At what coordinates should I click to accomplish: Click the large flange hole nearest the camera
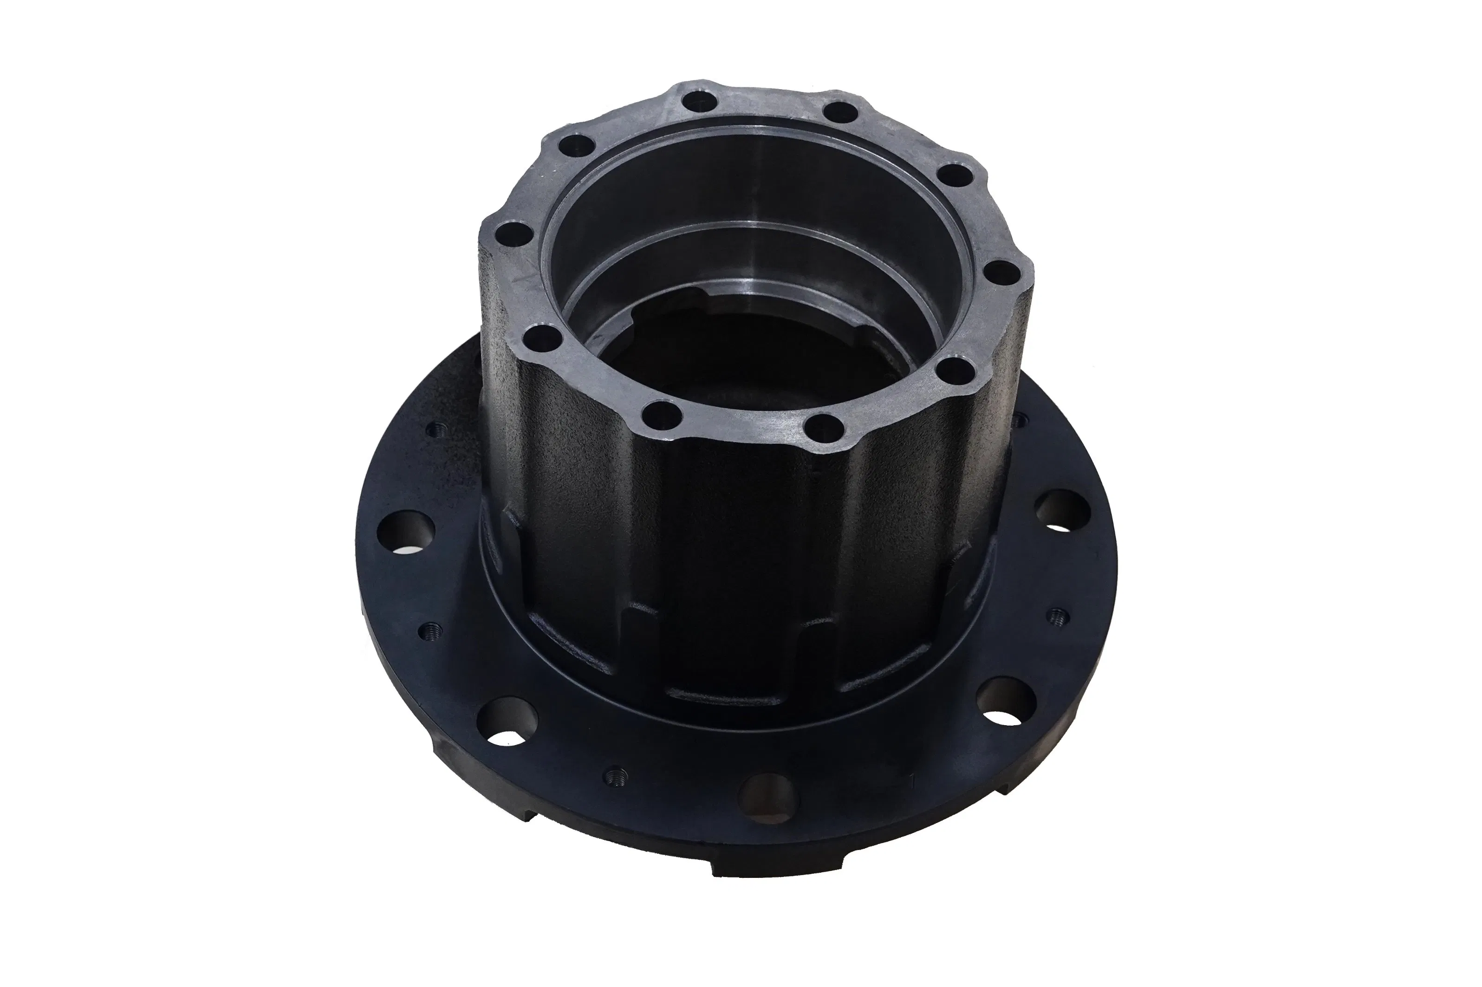coord(767,794)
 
